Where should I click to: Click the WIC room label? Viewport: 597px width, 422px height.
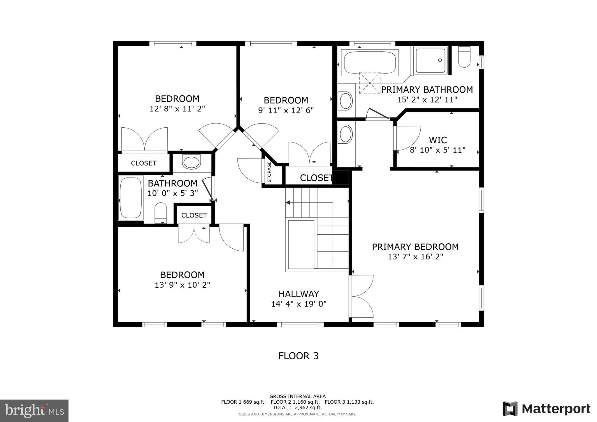438,140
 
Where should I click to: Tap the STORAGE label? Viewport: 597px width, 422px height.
269,172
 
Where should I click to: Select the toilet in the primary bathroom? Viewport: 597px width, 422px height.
464,57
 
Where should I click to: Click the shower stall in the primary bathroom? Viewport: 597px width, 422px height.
431,61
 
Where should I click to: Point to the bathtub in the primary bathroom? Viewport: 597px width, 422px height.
370,63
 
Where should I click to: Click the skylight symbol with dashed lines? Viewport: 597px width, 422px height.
370,83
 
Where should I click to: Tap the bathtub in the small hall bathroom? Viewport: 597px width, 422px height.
131,198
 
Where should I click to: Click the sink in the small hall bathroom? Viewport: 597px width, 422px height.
192,162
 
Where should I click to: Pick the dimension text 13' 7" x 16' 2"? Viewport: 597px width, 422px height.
415,257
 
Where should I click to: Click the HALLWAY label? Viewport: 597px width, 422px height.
298,294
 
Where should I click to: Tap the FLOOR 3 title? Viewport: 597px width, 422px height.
298,356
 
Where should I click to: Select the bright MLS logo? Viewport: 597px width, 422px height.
34,411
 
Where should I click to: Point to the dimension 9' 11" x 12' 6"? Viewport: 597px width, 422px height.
286,110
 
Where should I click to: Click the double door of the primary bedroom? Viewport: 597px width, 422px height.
361,296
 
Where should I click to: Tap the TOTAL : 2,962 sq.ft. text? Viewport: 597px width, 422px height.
297,407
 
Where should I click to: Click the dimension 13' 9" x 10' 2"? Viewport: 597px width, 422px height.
182,285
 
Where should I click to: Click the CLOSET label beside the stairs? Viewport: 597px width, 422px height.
316,178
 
